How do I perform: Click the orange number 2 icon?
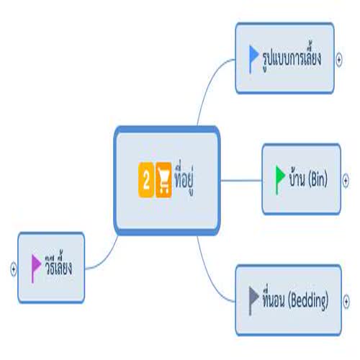click(x=146, y=180)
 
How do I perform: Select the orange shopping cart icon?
click(x=163, y=180)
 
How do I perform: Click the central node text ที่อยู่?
click(x=184, y=179)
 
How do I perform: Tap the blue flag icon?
click(x=253, y=59)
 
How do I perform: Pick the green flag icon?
click(x=280, y=179)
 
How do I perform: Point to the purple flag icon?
click(x=36, y=269)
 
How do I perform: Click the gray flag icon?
click(x=253, y=300)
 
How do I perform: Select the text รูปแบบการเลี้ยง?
click(x=292, y=58)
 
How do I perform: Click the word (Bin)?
click(x=318, y=179)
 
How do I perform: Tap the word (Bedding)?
click(x=308, y=301)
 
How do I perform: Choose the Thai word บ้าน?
click(x=297, y=178)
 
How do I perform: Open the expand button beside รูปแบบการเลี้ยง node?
click(x=339, y=60)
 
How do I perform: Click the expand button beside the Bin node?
click(x=346, y=180)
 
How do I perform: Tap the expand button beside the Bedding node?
click(x=346, y=302)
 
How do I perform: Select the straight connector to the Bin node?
click(x=241, y=180)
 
